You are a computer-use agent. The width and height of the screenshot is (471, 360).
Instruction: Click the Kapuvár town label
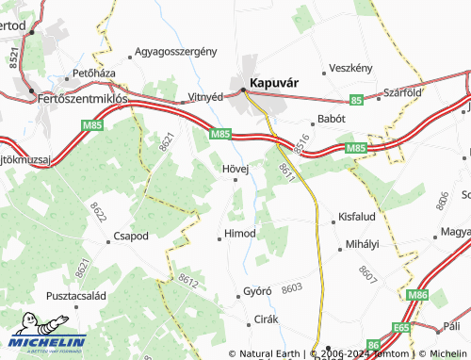click(274, 82)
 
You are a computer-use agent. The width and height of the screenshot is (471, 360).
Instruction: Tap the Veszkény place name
click(351, 69)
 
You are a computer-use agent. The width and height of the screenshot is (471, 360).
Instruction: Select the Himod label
click(239, 233)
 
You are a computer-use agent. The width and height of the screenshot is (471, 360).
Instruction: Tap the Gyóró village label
click(257, 291)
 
